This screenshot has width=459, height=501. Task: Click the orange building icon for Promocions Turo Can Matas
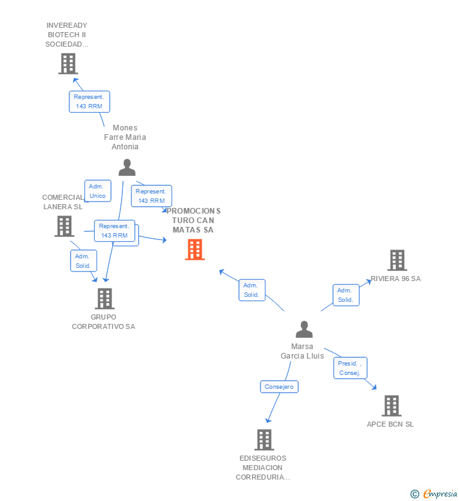195,250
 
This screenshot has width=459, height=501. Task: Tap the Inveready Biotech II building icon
67,64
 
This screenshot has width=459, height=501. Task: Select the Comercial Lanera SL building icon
64,226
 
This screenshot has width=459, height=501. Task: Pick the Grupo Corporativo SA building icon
104,299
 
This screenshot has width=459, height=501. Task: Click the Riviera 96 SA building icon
397,260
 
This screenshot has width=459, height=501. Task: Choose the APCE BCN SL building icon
391,405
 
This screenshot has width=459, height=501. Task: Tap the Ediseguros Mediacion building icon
264,439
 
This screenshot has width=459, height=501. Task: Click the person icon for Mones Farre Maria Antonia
127,167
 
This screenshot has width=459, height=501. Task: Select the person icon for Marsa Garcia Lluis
304,330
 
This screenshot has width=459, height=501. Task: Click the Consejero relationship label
279,386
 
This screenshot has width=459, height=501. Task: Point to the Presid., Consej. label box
350,368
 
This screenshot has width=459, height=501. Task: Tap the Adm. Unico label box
98,191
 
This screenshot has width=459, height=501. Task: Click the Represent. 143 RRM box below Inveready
89,101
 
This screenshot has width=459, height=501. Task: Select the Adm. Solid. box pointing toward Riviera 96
346,295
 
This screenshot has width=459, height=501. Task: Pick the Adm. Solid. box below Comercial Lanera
83,261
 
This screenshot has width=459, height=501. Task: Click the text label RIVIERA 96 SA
395,279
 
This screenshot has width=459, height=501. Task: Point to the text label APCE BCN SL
390,424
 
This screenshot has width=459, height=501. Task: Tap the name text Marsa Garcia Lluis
303,351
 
